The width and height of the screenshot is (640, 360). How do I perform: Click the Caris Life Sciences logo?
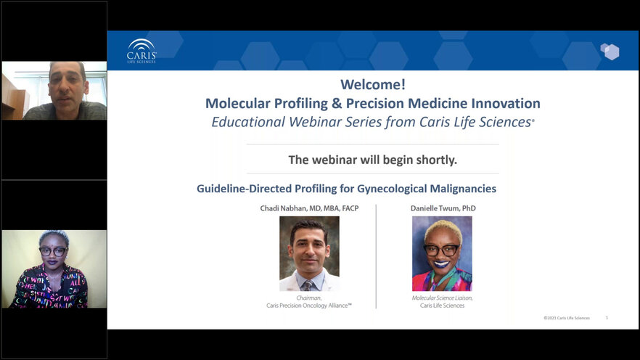click(x=141, y=51)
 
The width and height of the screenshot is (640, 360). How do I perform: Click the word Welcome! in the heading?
click(x=373, y=84)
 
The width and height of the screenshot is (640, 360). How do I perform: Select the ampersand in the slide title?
click(x=337, y=103)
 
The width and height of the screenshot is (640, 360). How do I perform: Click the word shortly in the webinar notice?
click(x=436, y=160)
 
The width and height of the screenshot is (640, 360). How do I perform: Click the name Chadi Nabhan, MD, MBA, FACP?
click(x=309, y=208)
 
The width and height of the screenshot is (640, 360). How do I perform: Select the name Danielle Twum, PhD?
click(x=443, y=208)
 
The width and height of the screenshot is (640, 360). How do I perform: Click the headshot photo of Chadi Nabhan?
click(x=309, y=253)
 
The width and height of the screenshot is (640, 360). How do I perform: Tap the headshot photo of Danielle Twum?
click(x=442, y=253)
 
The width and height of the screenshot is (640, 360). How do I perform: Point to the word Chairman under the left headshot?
click(x=309, y=298)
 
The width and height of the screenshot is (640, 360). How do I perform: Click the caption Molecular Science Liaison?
click(x=442, y=298)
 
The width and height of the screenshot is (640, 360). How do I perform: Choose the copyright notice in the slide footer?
click(x=567, y=318)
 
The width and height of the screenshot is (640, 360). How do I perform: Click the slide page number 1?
click(x=607, y=318)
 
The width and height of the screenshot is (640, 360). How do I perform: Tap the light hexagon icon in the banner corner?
click(x=610, y=52)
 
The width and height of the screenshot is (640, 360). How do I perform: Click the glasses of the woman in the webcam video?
click(x=53, y=251)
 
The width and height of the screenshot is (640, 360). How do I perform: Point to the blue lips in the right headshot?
click(x=441, y=264)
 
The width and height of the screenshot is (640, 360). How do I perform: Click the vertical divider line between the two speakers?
click(x=376, y=256)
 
